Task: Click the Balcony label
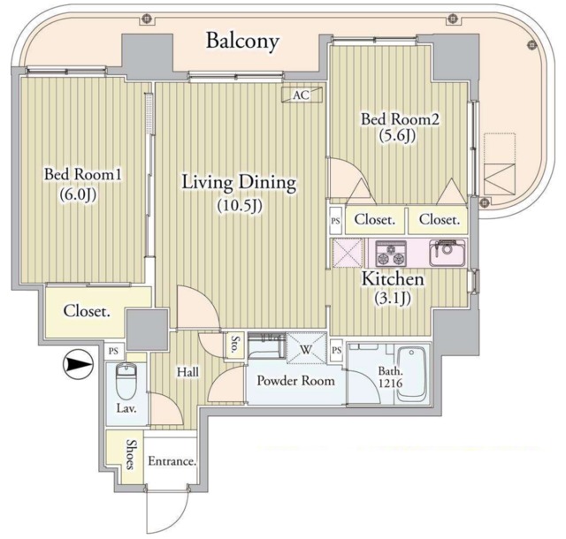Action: point(242,42)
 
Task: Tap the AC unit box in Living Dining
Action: point(302,95)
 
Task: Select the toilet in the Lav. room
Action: point(126,381)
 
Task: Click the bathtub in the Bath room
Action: point(411,375)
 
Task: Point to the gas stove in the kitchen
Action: point(391,253)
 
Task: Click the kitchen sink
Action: point(447,253)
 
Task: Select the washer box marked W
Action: point(306,349)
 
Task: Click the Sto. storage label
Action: point(235,345)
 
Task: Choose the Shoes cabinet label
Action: point(131,454)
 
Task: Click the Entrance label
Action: point(172,461)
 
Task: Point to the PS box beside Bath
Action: point(336,350)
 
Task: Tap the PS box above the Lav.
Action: point(114,351)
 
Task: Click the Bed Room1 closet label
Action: point(87,311)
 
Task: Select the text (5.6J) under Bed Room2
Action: point(397,135)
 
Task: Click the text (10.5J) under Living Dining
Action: point(240,206)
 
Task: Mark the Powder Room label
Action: point(295,381)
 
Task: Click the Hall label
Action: point(187,372)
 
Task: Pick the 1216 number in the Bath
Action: point(391,383)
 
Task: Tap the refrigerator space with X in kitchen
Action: point(348,254)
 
